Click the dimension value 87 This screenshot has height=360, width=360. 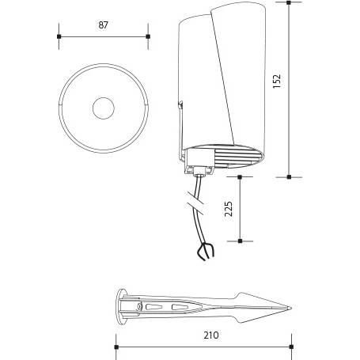[104, 25]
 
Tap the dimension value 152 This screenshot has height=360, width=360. [277, 81]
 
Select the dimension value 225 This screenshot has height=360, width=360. [229, 209]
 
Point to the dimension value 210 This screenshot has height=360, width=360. [211, 335]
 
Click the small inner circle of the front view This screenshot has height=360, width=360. [104, 108]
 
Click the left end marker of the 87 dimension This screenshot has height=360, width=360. [59, 36]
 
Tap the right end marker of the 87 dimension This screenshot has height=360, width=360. [148, 36]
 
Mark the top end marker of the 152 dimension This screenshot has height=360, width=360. [289, 2]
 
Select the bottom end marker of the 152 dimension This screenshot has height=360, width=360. [289, 177]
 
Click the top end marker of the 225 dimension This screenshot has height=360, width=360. [240, 177]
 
